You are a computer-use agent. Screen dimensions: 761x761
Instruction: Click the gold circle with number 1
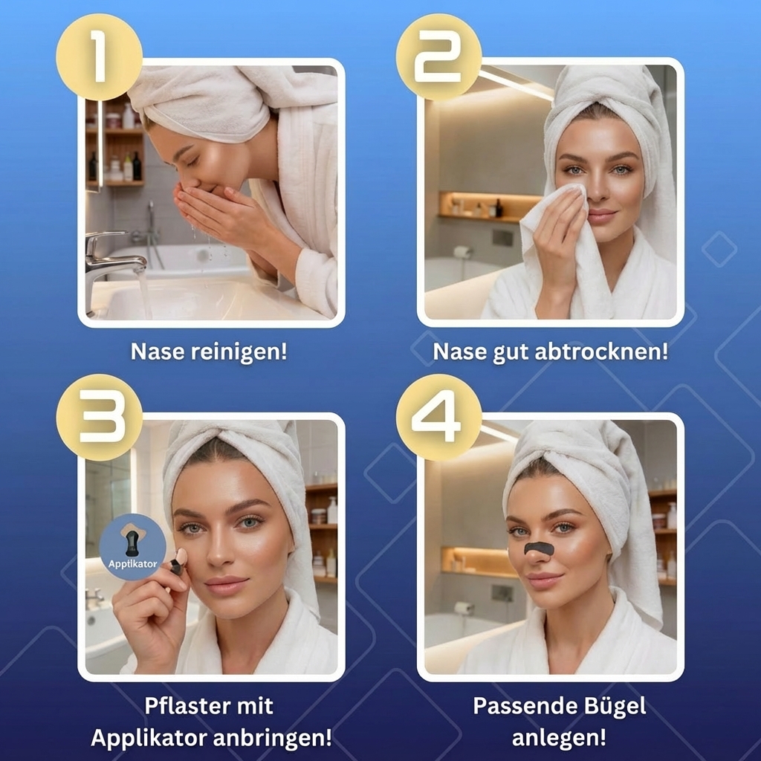pyautogui.click(x=99, y=57)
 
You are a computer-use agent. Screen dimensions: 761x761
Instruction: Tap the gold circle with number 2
pyautogui.click(x=438, y=57)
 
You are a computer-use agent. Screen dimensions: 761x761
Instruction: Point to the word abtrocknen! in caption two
pyautogui.click(x=601, y=352)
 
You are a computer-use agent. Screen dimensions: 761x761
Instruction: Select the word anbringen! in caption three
pyautogui.click(x=272, y=739)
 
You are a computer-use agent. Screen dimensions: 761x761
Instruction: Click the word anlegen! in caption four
pyautogui.click(x=559, y=739)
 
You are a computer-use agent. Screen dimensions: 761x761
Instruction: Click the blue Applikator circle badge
pyautogui.click(x=132, y=547)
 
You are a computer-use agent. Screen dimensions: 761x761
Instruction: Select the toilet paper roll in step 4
pyautogui.click(x=464, y=607)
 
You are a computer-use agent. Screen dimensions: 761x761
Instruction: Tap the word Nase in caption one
pyautogui.click(x=158, y=352)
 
